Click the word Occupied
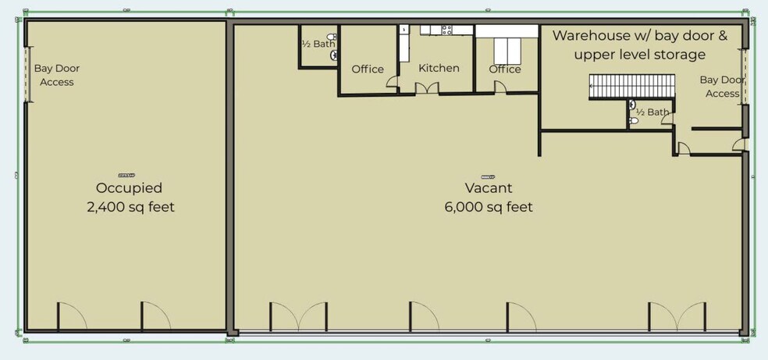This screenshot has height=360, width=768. pos(129,188)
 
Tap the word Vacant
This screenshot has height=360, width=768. pos(488,188)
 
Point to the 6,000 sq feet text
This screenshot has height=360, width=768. pos(488,207)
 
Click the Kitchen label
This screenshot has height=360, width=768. pos(439,68)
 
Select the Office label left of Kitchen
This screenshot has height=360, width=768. pos(368,69)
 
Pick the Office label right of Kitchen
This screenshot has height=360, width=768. pos(505,69)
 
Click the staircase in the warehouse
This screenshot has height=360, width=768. pos(631,84)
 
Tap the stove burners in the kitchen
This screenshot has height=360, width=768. pos(447,30)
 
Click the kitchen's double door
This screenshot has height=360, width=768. pos(426,88)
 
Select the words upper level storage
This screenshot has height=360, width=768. pos(639,55)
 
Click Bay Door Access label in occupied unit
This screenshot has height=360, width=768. pos(57,75)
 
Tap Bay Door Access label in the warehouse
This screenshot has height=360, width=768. pos(722,87)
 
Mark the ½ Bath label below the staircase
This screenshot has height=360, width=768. pos(652,112)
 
